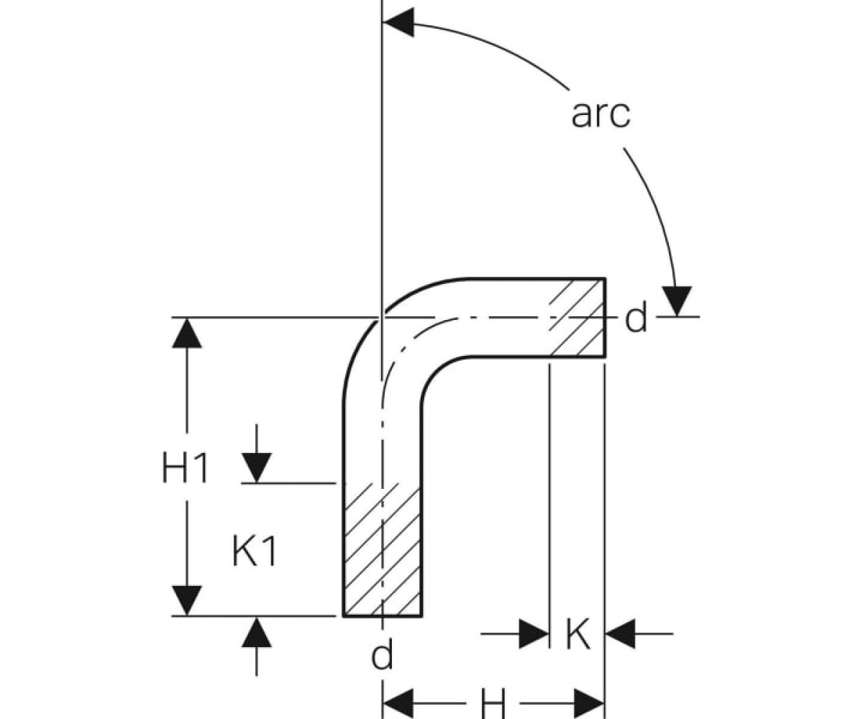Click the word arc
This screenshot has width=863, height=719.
601,114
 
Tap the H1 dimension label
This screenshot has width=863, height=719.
185,467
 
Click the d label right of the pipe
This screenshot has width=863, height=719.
636,319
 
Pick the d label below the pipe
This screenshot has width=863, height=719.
382,656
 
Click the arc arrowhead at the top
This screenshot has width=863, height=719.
398,23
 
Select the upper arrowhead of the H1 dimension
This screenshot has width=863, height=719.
187,333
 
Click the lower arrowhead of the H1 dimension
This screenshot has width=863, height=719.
187,600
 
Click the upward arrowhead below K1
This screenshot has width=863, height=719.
257,632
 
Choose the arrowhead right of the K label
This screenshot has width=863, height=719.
620,634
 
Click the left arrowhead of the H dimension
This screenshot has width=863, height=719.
398,703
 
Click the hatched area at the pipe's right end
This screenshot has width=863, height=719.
577,317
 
